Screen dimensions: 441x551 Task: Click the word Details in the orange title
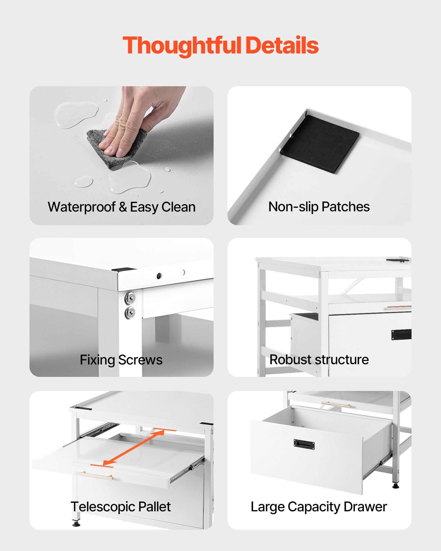coord(282,45)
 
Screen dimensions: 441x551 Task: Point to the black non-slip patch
coord(319,144)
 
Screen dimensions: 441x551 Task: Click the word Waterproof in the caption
coord(82,207)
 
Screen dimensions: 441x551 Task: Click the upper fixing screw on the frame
coord(130,298)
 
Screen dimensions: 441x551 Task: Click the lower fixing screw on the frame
coord(130,312)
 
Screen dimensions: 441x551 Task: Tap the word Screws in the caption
coord(141,360)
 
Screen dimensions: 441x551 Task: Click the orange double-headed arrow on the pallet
coord(133,448)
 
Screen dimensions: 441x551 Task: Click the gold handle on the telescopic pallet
coord(94,475)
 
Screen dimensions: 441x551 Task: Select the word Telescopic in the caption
coord(103,507)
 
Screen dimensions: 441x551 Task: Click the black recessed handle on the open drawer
coord(304,444)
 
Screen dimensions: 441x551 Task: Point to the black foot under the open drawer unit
coord(396,486)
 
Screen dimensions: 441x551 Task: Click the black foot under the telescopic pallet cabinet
coord(76,524)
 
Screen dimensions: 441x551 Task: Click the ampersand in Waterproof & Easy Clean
coord(123,207)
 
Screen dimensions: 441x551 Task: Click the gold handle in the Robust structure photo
coord(399,307)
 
